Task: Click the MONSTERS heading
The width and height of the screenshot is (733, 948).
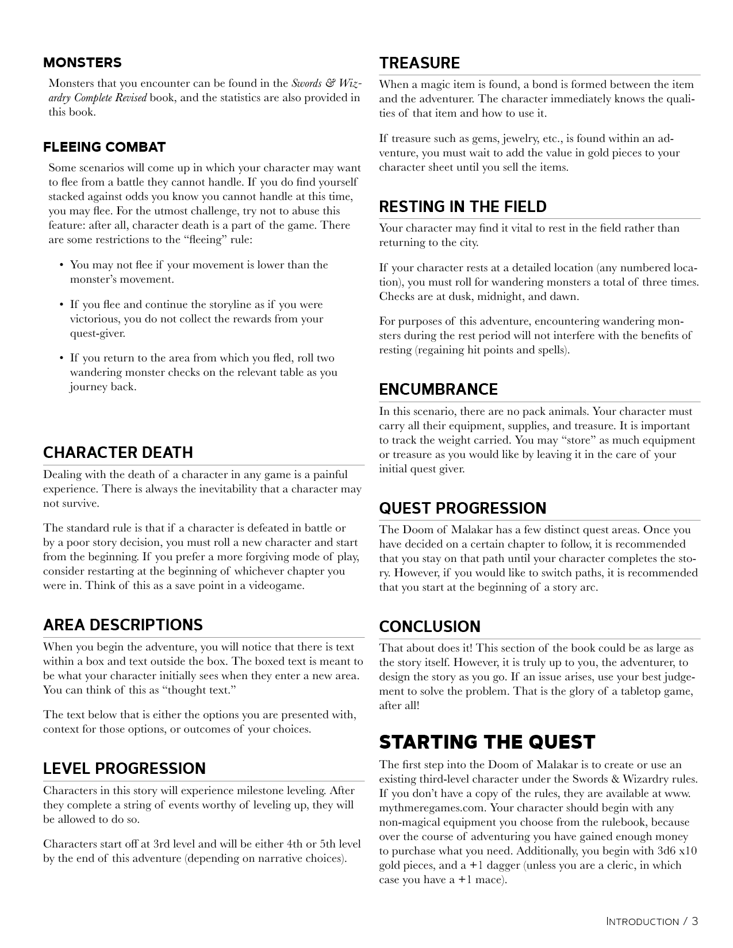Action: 82,63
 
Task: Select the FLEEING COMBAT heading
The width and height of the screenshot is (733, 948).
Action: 104,147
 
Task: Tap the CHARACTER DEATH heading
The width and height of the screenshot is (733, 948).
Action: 118,453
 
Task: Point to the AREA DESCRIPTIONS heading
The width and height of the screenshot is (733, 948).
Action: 122,625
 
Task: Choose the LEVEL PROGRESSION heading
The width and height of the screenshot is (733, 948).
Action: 124,769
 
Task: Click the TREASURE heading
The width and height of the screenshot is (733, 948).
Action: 420,63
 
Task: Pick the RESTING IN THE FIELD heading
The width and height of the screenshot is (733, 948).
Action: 463,207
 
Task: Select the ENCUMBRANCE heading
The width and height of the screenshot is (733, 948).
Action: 438,390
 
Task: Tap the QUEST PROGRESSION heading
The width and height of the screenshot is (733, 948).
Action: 462,508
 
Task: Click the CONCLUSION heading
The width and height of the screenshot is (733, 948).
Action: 429,627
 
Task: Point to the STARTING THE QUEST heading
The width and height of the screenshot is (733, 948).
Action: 487,742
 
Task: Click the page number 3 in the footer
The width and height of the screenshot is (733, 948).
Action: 694,922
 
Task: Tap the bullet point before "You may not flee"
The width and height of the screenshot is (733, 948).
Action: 61,265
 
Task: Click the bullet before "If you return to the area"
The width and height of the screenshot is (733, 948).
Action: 61,359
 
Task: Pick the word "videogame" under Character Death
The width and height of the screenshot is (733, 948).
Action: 279,586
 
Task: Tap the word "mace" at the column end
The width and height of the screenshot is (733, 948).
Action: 490,880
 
